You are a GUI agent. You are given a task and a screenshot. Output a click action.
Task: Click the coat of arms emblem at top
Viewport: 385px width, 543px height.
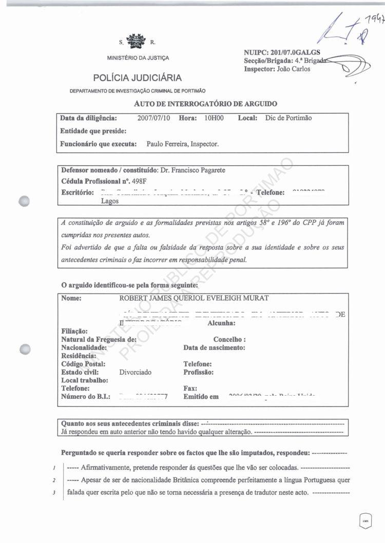point(136,42)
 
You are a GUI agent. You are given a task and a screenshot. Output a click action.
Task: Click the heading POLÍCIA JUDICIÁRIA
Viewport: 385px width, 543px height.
point(137,78)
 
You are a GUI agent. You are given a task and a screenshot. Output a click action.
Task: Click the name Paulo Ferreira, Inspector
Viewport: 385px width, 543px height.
point(182,144)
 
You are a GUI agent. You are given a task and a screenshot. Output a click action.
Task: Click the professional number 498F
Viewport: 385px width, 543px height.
point(141,181)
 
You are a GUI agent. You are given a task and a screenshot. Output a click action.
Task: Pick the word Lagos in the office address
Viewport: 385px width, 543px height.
point(110,201)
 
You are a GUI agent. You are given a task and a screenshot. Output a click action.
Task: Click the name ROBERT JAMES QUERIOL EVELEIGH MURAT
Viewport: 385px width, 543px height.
point(194,298)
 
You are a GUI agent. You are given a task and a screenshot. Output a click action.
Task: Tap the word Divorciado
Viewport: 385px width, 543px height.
point(135,372)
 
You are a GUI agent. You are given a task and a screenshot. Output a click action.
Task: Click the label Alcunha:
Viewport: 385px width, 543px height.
point(221,323)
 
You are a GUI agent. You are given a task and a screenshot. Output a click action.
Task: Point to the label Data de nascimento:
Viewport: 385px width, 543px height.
point(214,347)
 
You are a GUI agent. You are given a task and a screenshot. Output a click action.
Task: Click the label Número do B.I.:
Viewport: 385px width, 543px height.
point(86,397)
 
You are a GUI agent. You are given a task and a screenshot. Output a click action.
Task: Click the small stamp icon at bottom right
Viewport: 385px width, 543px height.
point(365,520)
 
